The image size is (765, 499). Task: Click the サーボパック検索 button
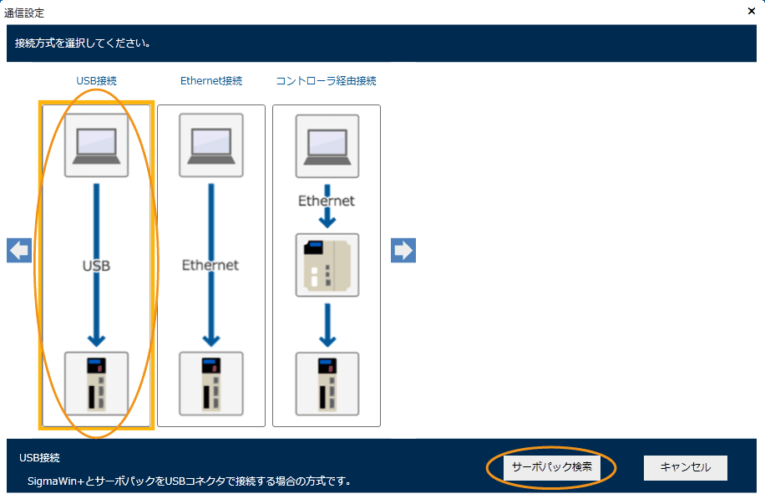[x=551, y=468]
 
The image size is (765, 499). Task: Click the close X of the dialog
[x=752, y=12]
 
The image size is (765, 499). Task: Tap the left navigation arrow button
[x=19, y=250]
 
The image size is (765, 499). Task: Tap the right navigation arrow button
[x=403, y=250]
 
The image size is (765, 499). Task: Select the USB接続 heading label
[x=96, y=81]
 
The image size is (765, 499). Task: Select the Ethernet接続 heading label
[x=211, y=81]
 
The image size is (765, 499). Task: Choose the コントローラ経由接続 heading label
[x=326, y=81]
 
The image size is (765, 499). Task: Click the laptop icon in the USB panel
[x=97, y=145]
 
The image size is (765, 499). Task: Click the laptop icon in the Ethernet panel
[x=211, y=145]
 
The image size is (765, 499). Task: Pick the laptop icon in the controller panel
[x=327, y=146]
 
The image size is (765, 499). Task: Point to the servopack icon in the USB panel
[x=97, y=384]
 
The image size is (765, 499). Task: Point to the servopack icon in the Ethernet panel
[x=211, y=384]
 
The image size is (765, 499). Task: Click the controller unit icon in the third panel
[x=327, y=265]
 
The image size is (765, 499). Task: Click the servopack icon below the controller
[x=327, y=384]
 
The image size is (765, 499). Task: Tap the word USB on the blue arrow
[x=97, y=266]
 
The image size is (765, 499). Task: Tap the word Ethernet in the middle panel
[x=210, y=265]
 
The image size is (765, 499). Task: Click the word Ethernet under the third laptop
[x=327, y=201]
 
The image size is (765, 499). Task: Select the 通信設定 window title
[x=25, y=13]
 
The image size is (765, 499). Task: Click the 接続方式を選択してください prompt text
[x=83, y=43]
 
